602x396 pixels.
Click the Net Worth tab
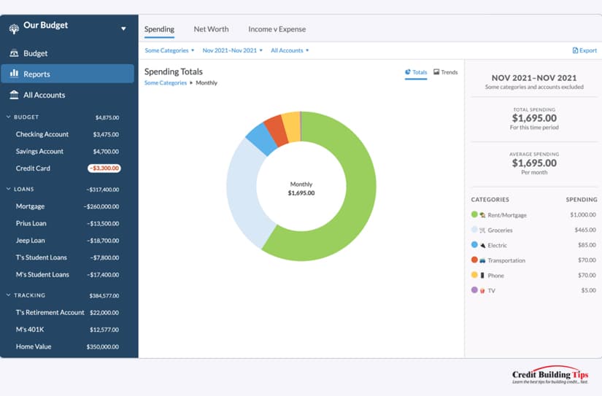(211, 29)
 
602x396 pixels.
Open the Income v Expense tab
(277, 29)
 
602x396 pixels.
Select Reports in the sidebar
(68, 74)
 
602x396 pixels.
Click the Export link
(584, 50)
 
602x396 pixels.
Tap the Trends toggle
(445, 72)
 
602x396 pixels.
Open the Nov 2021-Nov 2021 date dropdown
(232, 50)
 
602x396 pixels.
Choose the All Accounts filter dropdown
(290, 50)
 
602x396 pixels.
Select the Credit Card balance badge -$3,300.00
(104, 168)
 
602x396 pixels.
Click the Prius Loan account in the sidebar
(31, 223)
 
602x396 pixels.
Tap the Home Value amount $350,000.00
(102, 346)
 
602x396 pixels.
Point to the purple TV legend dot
(474, 290)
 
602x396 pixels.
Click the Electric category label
(497, 245)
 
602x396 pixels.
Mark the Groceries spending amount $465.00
(585, 230)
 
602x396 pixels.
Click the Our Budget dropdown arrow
(123, 28)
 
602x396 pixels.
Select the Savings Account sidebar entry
(39, 151)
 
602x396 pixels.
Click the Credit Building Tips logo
(550, 375)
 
